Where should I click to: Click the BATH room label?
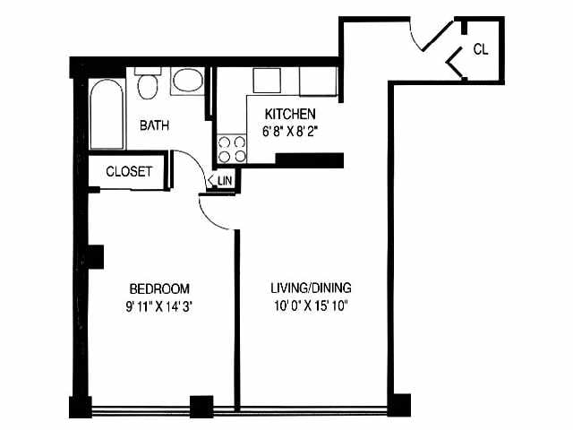(x=154, y=125)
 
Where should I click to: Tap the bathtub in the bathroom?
(x=107, y=114)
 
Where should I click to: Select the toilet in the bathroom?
(x=148, y=83)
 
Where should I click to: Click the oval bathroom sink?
(x=188, y=81)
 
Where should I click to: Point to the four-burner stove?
(x=232, y=149)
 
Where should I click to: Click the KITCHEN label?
(x=290, y=114)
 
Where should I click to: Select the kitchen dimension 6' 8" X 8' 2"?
(x=290, y=131)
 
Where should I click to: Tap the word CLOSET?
(x=129, y=171)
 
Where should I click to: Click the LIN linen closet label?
(x=225, y=181)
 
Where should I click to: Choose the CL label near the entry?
(x=481, y=49)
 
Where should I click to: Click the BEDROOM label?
(x=159, y=288)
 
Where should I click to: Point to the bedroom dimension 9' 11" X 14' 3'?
(x=159, y=306)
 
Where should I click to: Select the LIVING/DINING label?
(x=311, y=288)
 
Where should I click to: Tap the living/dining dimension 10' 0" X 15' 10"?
(x=310, y=305)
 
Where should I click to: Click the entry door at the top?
(x=438, y=36)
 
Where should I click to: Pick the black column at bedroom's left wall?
(x=96, y=257)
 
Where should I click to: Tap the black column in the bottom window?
(x=201, y=407)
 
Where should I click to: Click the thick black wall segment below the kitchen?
(x=309, y=160)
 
